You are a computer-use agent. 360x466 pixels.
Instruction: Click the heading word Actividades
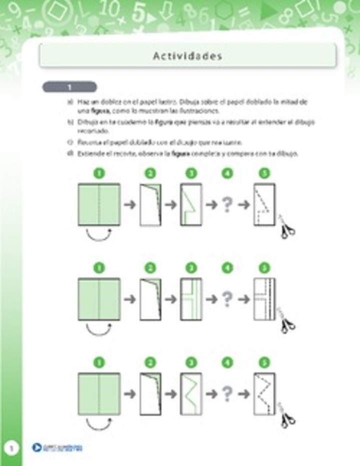pyautogui.click(x=187, y=56)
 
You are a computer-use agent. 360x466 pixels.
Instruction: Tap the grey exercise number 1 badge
pyautogui.click(x=69, y=87)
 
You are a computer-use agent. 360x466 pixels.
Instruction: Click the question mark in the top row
pyautogui.click(x=227, y=204)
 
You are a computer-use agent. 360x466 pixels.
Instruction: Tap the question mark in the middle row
pyautogui.click(x=227, y=299)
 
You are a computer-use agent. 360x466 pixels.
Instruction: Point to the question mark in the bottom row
pyautogui.click(x=227, y=393)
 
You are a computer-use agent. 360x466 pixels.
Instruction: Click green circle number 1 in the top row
pyautogui.click(x=99, y=173)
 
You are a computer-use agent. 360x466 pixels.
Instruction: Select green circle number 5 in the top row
pyautogui.click(x=264, y=173)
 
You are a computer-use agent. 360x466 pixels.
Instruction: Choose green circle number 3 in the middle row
pyautogui.click(x=190, y=268)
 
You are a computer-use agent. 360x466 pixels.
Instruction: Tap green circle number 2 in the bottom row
pyautogui.click(x=150, y=363)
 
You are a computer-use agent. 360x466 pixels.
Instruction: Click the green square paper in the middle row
pyautogui.click(x=99, y=299)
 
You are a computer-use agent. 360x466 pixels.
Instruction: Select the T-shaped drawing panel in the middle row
pyautogui.click(x=190, y=299)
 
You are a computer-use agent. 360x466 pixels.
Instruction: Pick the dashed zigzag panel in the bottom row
pyautogui.click(x=264, y=393)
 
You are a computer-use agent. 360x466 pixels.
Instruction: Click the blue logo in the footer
pyautogui.click(x=37, y=448)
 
